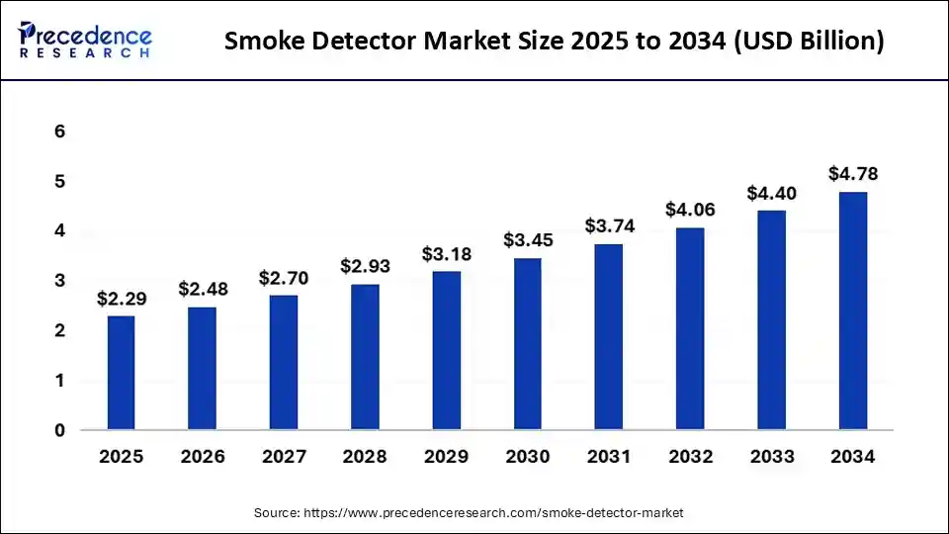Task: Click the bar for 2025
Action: (121, 373)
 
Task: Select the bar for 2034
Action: (853, 311)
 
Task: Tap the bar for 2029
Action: (446, 350)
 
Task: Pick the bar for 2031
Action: (609, 336)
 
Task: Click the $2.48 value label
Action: (203, 289)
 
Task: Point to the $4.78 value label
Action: (853, 174)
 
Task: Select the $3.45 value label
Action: (528, 239)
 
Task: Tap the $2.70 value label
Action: (284, 279)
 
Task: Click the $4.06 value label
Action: (690, 210)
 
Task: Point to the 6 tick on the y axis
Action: (59, 132)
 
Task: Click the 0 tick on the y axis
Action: (59, 430)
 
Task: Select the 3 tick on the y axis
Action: (59, 281)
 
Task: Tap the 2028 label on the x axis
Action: (365, 457)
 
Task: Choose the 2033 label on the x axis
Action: (771, 457)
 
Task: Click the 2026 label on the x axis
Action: (203, 457)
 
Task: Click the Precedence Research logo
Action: (85, 41)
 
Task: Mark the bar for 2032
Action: (690, 329)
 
